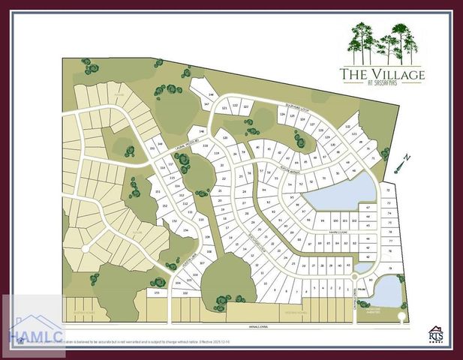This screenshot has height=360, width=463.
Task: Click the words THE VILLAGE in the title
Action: (382, 74)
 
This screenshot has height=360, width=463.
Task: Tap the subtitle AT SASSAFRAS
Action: (383, 83)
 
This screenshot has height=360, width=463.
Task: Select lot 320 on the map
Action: (224, 139)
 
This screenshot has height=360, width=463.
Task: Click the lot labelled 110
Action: (200, 219)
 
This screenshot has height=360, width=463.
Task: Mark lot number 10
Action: (265, 284)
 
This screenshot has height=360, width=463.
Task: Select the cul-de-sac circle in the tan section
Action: (86, 247)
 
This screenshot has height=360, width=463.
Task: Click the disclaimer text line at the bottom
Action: (120, 341)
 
